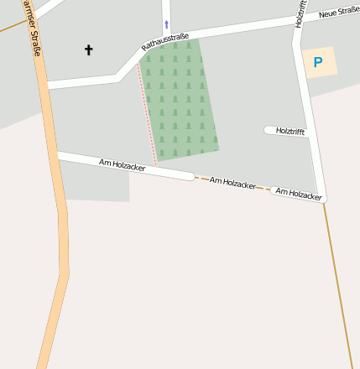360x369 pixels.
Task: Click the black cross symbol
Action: point(89,50)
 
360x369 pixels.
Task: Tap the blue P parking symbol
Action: point(317,62)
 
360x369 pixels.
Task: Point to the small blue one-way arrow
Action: point(166,24)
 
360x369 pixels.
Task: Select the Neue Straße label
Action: point(338,11)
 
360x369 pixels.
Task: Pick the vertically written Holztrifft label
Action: point(300,14)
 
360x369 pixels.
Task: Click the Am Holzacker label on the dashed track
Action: point(232,182)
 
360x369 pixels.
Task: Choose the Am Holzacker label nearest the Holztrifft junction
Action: point(299,194)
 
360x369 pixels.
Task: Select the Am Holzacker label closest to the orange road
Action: point(122,164)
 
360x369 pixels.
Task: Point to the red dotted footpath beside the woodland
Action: point(148,117)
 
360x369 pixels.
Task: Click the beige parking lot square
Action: point(319,62)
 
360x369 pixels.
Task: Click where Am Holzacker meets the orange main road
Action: point(55,154)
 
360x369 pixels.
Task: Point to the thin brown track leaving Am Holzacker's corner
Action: point(337,277)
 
